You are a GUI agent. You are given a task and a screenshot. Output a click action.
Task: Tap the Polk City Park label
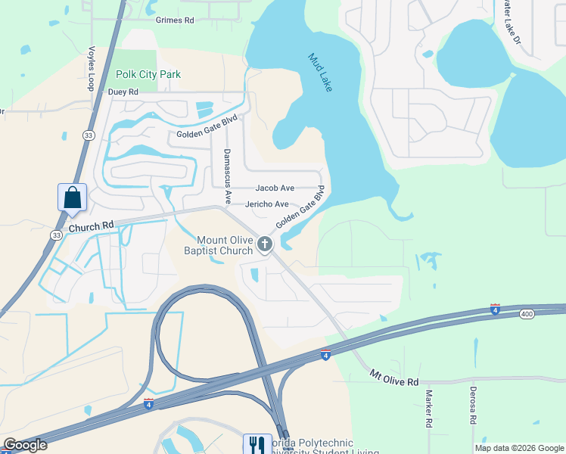148,75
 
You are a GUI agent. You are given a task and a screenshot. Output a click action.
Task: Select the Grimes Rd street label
175,20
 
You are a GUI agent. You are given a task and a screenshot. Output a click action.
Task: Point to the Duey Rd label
123,92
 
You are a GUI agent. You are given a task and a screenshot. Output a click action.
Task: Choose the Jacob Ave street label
275,188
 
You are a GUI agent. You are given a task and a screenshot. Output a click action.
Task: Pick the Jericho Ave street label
266,204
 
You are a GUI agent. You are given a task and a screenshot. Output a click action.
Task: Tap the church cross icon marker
264,244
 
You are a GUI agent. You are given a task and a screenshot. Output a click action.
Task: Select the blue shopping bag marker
72,197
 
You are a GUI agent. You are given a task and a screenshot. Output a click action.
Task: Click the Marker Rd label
428,409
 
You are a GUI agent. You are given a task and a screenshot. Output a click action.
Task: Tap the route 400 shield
527,313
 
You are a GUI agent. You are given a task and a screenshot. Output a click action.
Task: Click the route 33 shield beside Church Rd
57,235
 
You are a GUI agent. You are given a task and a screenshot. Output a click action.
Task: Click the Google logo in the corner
25,445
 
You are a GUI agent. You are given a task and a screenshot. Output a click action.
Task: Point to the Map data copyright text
518,448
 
